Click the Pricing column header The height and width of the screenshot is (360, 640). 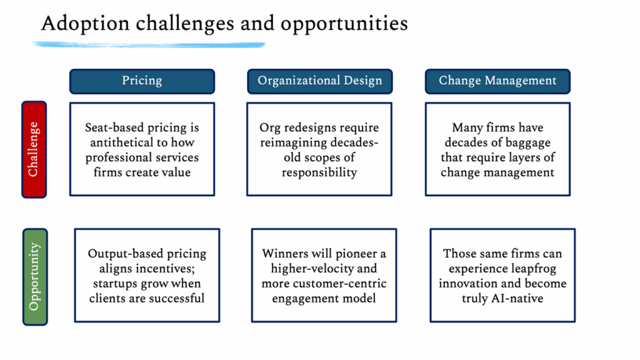142,81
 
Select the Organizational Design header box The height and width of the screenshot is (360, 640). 319,81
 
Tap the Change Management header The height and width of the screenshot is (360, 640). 497,81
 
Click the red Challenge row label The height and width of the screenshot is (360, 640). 34,149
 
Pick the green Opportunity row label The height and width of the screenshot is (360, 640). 35,277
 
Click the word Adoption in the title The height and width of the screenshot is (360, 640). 85,24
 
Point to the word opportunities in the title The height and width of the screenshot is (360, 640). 344,24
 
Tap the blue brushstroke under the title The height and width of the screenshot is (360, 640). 149,44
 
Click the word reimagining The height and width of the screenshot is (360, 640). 293,143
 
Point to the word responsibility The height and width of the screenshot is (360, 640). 319,173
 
